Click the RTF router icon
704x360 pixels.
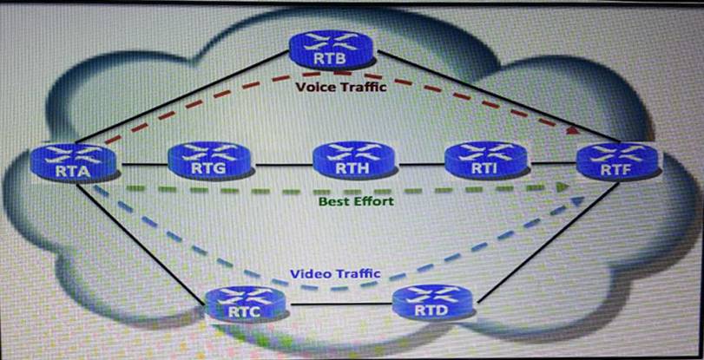[618, 161]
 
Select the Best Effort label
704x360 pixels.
[356, 201]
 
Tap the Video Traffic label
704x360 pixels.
[335, 274]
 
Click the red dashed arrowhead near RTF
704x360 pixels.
[572, 130]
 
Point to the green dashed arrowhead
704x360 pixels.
[564, 186]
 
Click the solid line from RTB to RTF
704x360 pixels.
[486, 95]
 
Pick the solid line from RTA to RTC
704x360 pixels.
[148, 234]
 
